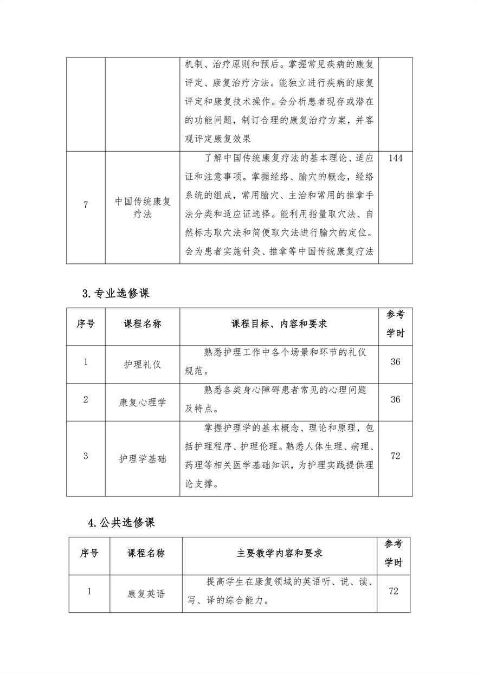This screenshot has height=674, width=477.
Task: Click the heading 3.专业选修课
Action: tap(115, 293)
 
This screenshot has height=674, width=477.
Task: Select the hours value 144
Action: tap(395, 158)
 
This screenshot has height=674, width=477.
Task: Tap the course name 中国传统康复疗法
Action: tap(143, 208)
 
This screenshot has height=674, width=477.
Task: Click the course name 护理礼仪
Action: tap(143, 365)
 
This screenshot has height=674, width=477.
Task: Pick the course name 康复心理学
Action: tap(143, 403)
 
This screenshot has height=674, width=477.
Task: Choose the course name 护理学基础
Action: tap(143, 458)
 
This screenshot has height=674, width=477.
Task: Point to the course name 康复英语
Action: tap(146, 594)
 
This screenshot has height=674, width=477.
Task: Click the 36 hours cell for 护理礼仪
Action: tap(395, 361)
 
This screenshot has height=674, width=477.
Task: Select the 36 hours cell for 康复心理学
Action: tap(395, 399)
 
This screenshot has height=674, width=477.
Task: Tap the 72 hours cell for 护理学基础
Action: tap(395, 456)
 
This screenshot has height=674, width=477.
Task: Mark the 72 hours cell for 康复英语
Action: tap(394, 591)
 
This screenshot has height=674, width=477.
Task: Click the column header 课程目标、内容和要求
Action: tap(279, 323)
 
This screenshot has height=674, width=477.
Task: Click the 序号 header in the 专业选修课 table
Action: tap(86, 323)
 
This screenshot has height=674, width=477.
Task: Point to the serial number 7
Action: tap(86, 204)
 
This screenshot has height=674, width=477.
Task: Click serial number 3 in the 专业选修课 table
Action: tap(86, 456)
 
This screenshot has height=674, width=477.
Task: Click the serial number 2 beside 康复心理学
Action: tap(86, 399)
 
